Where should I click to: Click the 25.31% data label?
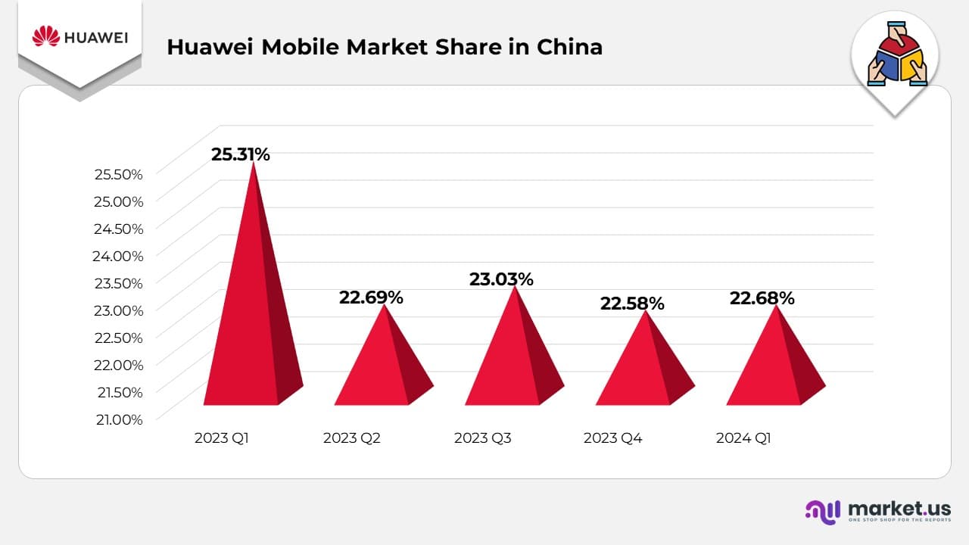240,154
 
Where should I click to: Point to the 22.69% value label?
371,297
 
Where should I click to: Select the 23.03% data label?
501,279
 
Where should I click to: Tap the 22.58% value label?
632,304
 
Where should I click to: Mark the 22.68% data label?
762,298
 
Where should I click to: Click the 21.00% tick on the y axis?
118,419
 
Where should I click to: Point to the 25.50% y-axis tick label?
118,174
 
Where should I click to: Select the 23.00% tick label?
118,310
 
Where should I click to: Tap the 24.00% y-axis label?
118,256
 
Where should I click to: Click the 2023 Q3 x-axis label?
482,438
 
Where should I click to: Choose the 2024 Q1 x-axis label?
743,438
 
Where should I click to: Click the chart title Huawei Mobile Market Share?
385,47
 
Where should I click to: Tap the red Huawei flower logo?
46,36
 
